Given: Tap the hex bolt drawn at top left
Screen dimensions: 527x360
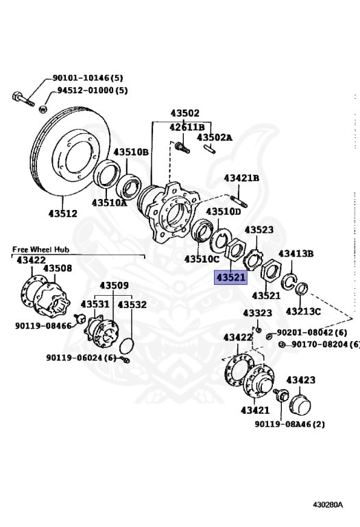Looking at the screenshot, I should point(22,95).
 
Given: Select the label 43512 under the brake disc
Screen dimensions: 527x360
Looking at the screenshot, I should point(62,214).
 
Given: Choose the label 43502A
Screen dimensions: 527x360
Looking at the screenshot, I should point(215,137).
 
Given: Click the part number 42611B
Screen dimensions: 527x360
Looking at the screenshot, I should point(187,127).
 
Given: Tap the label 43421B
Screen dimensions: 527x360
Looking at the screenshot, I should point(241,178).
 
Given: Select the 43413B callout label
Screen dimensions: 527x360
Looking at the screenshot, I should point(296,253).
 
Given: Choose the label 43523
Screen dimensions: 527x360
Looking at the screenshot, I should point(259,230).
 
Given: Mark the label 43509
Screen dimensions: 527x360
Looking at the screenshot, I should point(114,285).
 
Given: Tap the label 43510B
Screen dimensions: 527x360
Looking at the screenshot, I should point(131,152).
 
